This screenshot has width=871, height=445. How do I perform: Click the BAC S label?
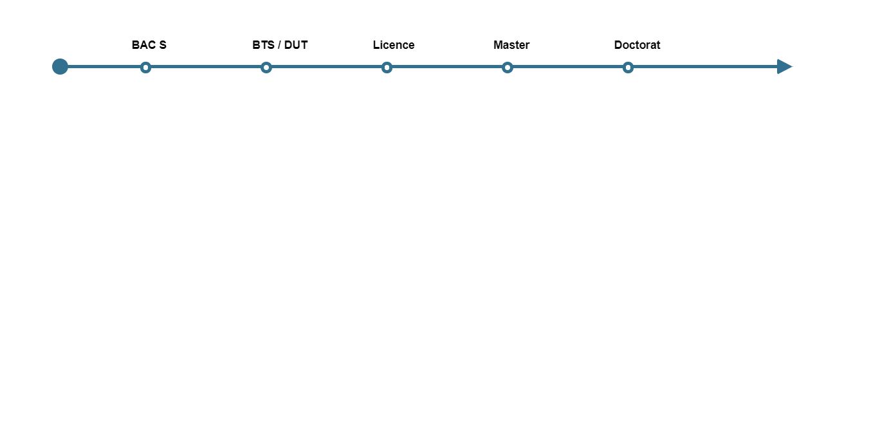(x=149, y=45)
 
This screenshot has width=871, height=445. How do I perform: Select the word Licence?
(x=394, y=45)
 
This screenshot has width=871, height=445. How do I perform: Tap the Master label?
(x=511, y=45)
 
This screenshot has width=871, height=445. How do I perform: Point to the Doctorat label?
(x=637, y=45)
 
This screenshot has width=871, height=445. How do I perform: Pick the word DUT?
(x=296, y=45)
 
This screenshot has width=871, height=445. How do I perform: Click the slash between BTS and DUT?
(x=279, y=45)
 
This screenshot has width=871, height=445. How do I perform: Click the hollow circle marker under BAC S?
(x=145, y=67)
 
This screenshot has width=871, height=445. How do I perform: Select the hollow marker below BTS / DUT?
(x=266, y=67)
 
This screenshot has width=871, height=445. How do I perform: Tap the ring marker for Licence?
(x=387, y=67)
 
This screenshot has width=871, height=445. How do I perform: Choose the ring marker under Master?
(x=508, y=67)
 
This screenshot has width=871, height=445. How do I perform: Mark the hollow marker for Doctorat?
(x=628, y=67)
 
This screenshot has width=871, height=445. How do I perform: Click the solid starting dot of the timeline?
(x=60, y=66)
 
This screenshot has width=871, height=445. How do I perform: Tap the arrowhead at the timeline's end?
(x=784, y=66)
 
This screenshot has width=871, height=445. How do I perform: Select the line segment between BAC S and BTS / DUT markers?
(x=206, y=66)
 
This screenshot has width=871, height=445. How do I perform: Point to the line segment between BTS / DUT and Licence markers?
(x=326, y=66)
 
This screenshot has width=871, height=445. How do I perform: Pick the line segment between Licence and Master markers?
(x=447, y=66)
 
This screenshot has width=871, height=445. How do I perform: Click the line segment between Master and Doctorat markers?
(x=567, y=66)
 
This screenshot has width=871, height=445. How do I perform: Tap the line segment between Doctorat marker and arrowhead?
(x=704, y=66)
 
